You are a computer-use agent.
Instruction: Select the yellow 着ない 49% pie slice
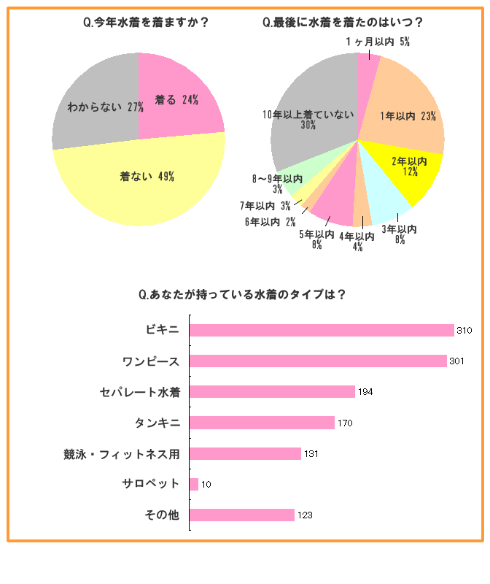click(x=146, y=179)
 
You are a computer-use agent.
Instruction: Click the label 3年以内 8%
click(x=400, y=234)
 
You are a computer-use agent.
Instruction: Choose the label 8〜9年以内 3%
click(x=277, y=183)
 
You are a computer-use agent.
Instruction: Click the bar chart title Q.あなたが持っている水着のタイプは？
click(x=241, y=295)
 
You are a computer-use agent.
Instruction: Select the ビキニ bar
click(x=322, y=331)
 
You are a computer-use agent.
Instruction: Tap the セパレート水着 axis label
click(x=139, y=392)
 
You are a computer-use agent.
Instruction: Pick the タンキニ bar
click(x=262, y=423)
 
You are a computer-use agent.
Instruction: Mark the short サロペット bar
click(x=193, y=484)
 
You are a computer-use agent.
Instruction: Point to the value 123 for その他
click(x=305, y=515)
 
